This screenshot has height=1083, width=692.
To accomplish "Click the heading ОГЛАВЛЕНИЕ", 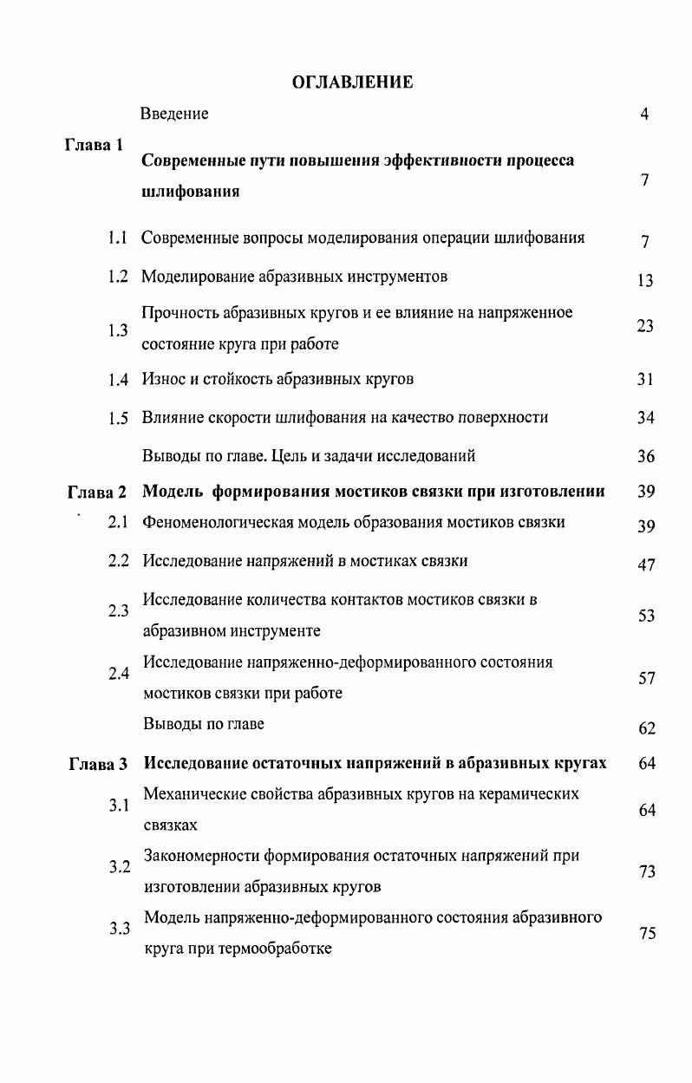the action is [x=351, y=82].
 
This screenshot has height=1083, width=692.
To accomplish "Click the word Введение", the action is [x=174, y=114].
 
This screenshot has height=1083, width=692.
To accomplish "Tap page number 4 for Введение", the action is [x=644, y=114].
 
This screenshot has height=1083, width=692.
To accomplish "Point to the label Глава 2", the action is [x=97, y=493].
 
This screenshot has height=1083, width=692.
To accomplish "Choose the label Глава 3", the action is [x=97, y=764].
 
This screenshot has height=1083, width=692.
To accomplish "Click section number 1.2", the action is [x=118, y=277].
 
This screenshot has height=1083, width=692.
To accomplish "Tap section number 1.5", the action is [x=118, y=418].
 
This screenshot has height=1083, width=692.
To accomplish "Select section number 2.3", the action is [x=118, y=611].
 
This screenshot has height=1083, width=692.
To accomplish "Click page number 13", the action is [x=644, y=280].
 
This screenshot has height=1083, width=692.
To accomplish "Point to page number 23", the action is [x=644, y=326].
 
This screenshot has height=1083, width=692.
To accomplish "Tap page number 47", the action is [x=646, y=565].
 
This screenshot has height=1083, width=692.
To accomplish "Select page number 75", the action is [x=647, y=933].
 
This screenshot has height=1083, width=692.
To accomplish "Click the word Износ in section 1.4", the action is [x=163, y=379].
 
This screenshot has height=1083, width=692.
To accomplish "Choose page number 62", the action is [x=647, y=728].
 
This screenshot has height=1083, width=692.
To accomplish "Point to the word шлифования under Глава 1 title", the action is [x=190, y=192].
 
